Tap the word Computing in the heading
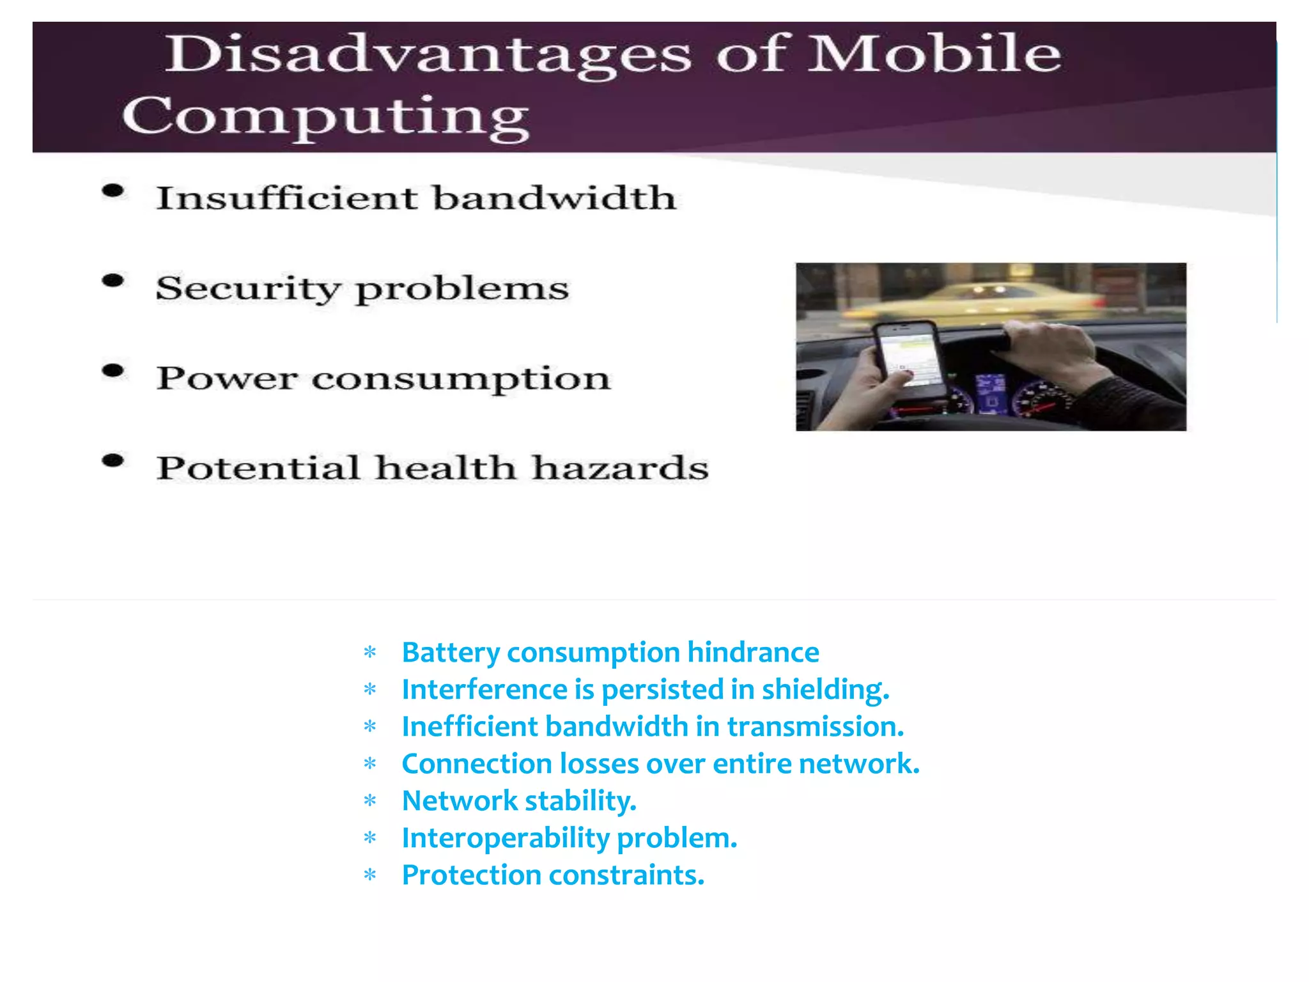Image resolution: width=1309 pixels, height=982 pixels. point(326,116)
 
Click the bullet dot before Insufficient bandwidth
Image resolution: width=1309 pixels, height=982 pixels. point(113,191)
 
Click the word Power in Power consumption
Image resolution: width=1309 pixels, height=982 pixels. point(227,378)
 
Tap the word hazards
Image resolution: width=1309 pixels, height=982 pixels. point(620,468)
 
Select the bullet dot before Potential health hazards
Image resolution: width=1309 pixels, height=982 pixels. point(113,461)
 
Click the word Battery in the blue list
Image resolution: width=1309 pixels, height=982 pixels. point(451,653)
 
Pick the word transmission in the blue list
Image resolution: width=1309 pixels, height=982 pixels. point(815,727)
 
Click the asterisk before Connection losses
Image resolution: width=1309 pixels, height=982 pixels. point(370,764)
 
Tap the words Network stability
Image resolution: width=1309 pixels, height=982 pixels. point(519,801)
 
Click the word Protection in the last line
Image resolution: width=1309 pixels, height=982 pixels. point(471,875)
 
